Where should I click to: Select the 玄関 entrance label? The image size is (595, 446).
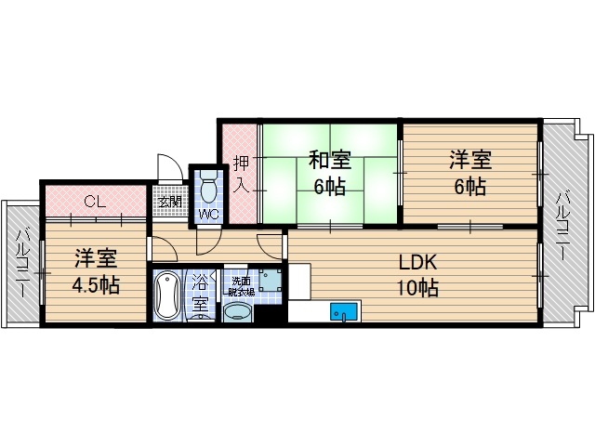(169, 202)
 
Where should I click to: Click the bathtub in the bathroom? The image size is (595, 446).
(168, 295)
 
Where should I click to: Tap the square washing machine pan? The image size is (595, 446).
(270, 280)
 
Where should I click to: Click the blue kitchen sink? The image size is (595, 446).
(345, 312)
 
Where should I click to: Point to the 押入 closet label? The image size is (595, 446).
(240, 172)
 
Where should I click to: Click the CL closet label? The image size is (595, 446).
(94, 201)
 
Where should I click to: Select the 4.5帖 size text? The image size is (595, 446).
(96, 284)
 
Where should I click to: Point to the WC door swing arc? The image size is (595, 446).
(208, 240)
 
